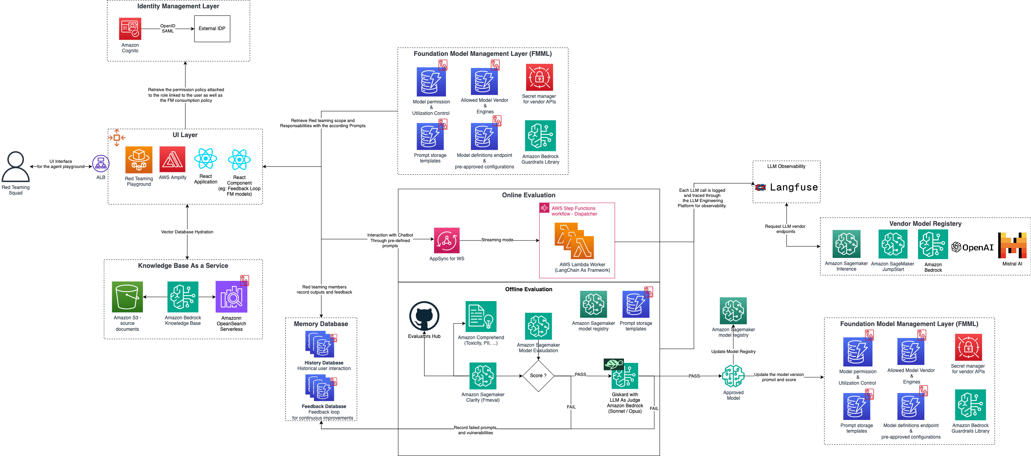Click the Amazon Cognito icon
[130, 29]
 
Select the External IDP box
[212, 29]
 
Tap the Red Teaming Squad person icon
[15, 166]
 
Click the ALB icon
[100, 163]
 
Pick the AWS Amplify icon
[172, 159]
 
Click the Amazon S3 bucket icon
[127, 297]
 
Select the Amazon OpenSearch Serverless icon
[231, 297]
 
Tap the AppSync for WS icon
[447, 240]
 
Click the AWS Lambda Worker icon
[574, 241]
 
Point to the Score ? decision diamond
[538, 376]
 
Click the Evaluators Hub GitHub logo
[424, 317]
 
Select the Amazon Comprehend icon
[481, 317]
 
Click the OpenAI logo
[973, 247]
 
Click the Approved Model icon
[733, 376]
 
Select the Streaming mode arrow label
[497, 240]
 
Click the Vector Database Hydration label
[187, 232]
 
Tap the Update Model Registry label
[733, 351]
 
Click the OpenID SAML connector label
[168, 29]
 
